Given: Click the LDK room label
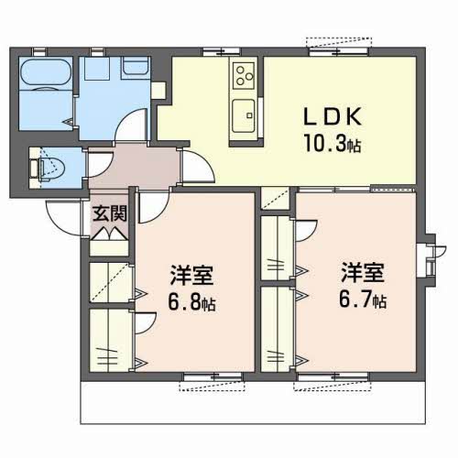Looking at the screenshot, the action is (333, 116).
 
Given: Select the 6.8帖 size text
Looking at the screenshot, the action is (191, 302).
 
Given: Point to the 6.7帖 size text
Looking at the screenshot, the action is (363, 300).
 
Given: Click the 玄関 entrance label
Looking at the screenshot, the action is (110, 213).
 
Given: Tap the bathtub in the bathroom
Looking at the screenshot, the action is (46, 72).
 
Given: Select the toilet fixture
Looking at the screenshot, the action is (48, 168).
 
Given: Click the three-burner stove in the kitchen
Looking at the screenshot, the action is (244, 75).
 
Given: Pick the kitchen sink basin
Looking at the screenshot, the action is (244, 115).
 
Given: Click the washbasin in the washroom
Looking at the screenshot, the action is (135, 67).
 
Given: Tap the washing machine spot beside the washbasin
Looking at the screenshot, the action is (97, 69).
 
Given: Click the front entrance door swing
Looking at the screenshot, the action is (62, 218).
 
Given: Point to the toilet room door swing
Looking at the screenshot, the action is (100, 162).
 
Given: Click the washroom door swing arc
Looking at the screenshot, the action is (131, 125).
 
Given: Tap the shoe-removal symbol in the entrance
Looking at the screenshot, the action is (110, 234).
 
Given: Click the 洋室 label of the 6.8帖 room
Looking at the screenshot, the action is (191, 275).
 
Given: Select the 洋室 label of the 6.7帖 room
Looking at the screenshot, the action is (363, 272).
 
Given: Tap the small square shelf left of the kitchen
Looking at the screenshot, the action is (158, 91).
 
